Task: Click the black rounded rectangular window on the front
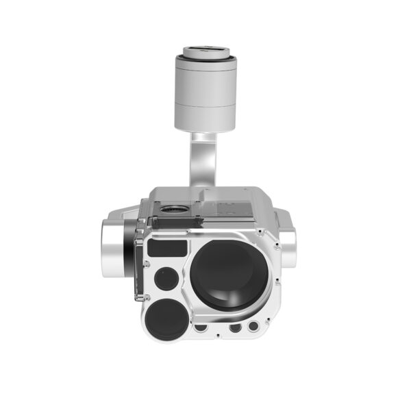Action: point(168,248)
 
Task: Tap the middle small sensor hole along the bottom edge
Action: point(234,328)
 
